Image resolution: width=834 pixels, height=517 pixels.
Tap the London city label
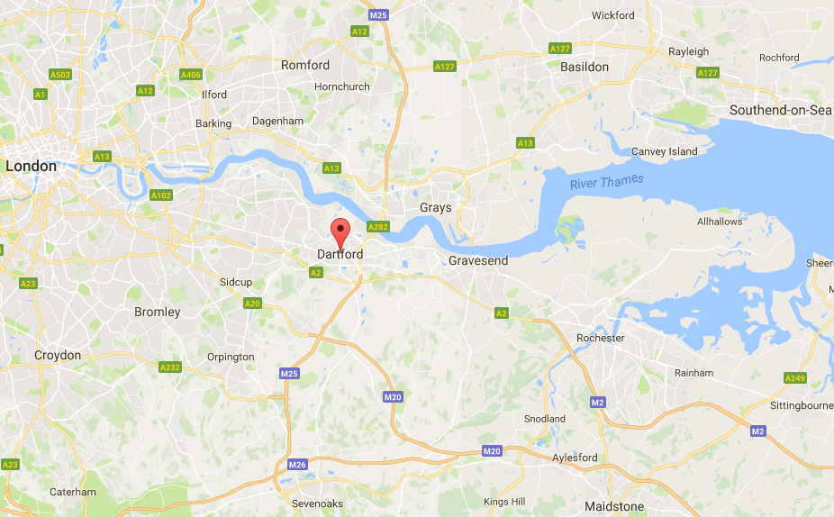[31, 166]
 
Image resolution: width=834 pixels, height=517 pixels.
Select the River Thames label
[606, 182]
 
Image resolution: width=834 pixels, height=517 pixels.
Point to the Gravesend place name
[478, 260]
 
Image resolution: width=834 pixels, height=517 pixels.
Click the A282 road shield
[378, 226]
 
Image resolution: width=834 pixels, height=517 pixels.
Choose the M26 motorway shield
[298, 465]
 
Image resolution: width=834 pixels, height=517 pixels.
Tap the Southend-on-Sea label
[780, 110]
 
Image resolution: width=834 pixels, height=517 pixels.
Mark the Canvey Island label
[665, 151]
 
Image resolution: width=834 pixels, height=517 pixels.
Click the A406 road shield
[190, 75]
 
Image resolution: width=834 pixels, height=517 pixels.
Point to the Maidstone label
[614, 506]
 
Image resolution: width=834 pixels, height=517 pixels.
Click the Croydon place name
[58, 355]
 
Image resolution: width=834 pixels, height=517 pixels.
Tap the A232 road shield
[169, 367]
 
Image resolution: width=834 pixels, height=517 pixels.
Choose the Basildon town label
[585, 67]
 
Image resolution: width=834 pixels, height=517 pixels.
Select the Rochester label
[600, 338]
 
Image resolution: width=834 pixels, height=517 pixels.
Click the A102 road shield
[161, 195]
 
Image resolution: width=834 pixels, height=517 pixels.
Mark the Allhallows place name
[720, 222]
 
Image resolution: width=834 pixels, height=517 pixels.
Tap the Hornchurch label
[341, 86]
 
